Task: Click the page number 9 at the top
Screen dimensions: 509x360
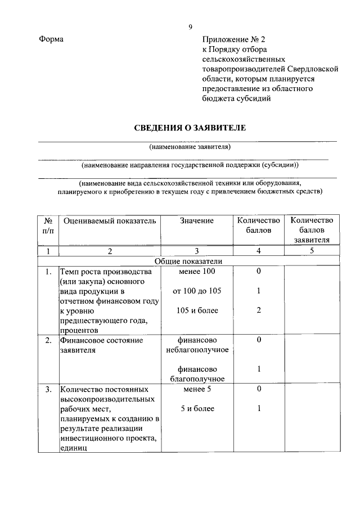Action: click(x=191, y=26)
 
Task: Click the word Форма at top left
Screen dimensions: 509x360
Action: click(x=52, y=39)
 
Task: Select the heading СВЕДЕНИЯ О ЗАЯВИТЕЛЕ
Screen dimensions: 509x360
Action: click(x=190, y=128)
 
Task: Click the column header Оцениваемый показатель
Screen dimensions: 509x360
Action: click(x=110, y=220)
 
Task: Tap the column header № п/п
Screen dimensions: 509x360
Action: click(x=48, y=225)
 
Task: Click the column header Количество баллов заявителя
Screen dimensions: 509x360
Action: click(x=311, y=229)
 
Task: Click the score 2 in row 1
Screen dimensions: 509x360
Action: click(x=258, y=310)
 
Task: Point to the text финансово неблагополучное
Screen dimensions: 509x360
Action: click(x=197, y=345)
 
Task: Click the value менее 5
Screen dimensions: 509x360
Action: click(x=197, y=389)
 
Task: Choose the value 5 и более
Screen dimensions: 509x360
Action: click(x=197, y=408)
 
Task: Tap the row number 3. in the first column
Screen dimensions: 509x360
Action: click(x=49, y=389)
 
